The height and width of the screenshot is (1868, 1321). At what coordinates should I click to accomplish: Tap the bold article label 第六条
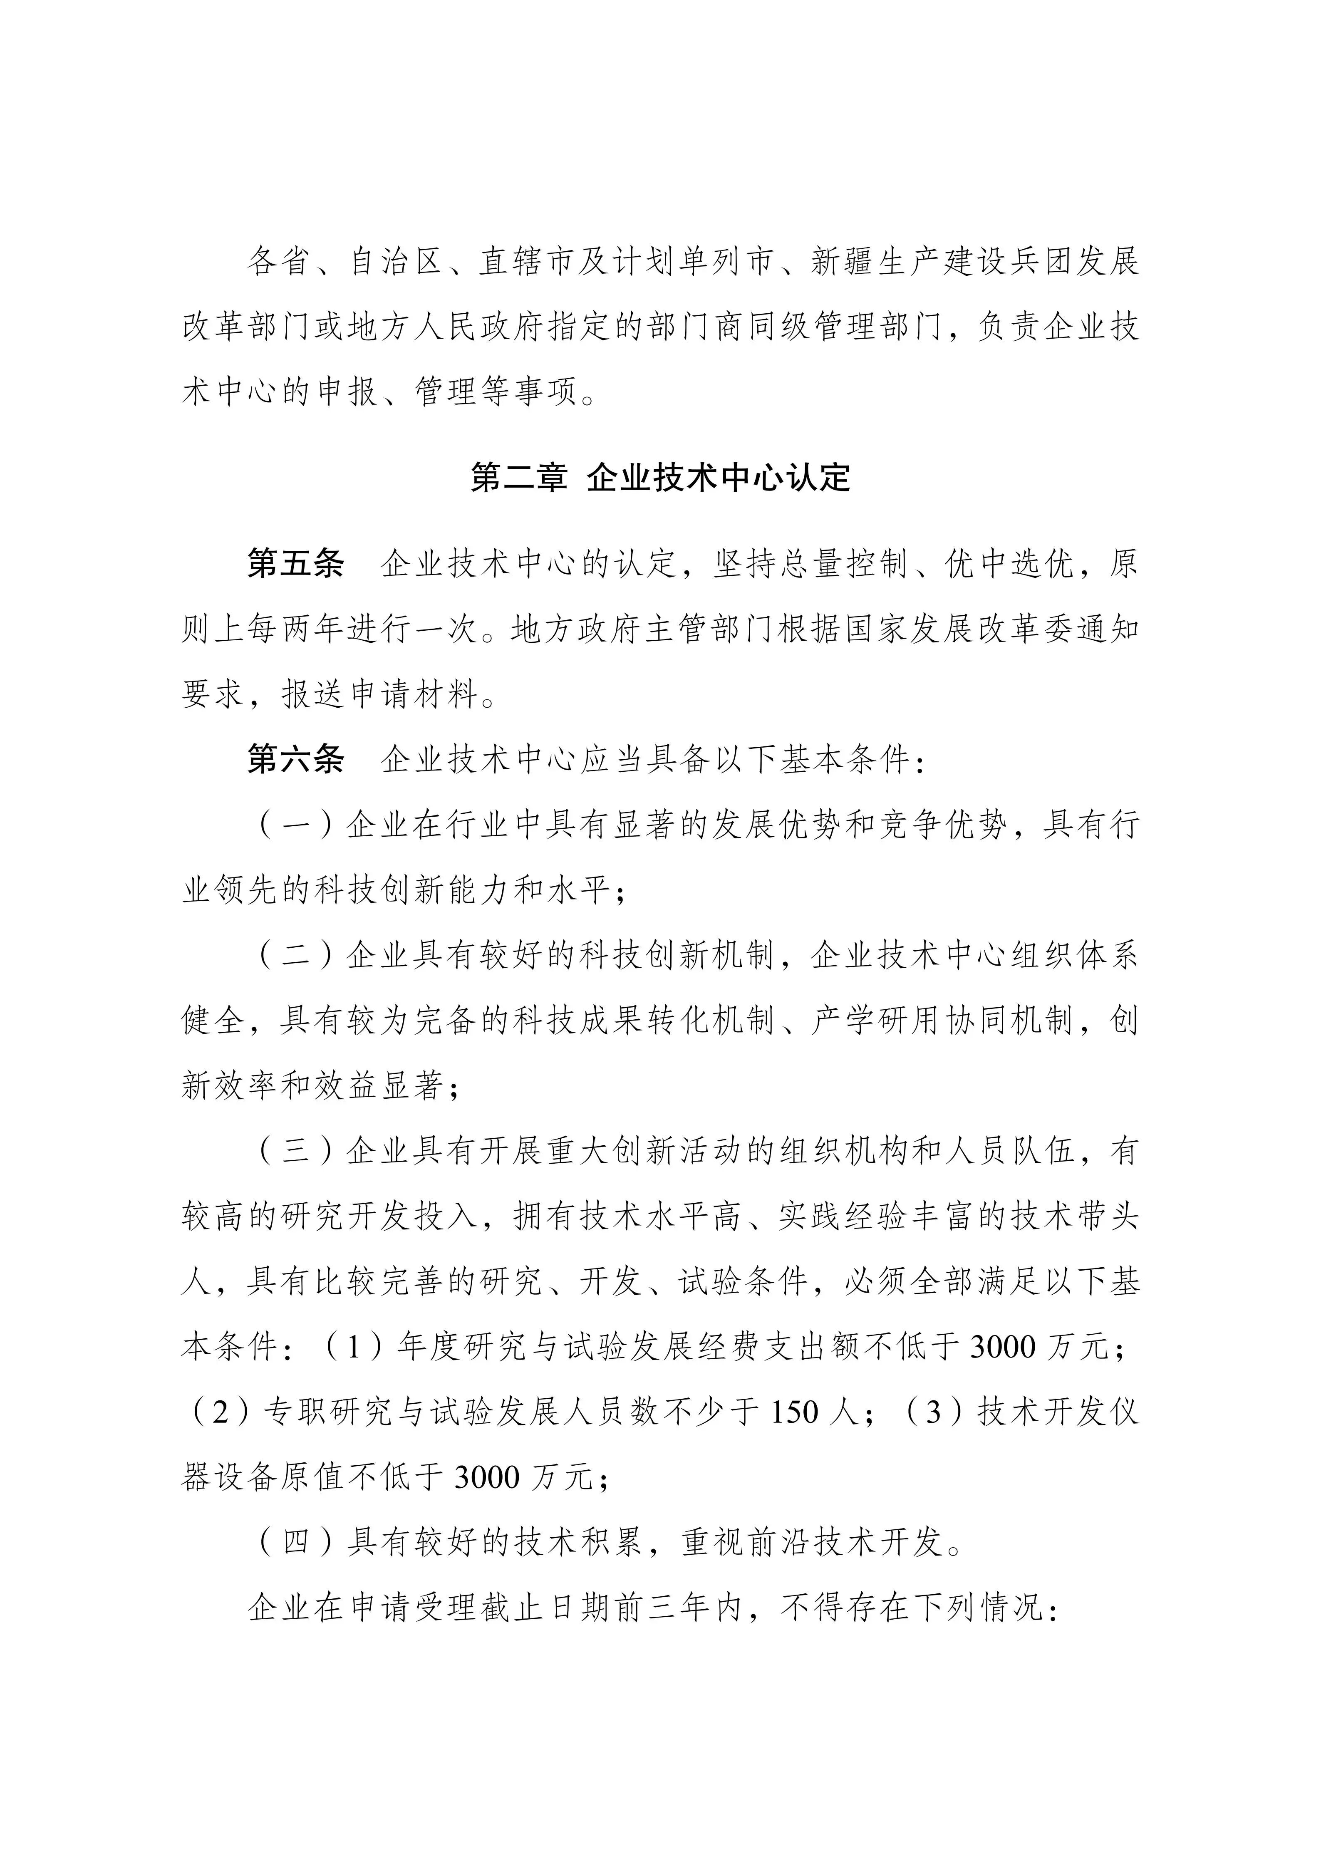pyautogui.click(x=296, y=760)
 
